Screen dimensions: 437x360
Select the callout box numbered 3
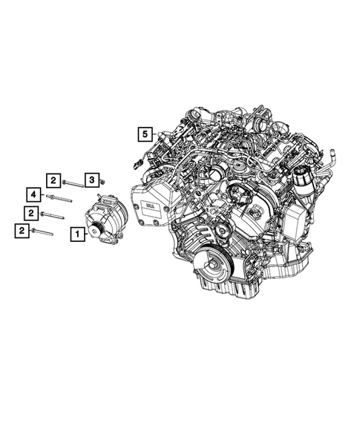pos(91,180)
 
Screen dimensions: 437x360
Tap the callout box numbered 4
pos(33,195)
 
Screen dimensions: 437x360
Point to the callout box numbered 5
pos(144,134)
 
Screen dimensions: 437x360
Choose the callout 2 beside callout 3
pos(53,179)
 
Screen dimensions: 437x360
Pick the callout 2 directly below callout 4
pos(30,214)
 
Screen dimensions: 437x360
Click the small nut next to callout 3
pos(102,182)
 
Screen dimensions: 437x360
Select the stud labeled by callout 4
pos(60,198)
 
